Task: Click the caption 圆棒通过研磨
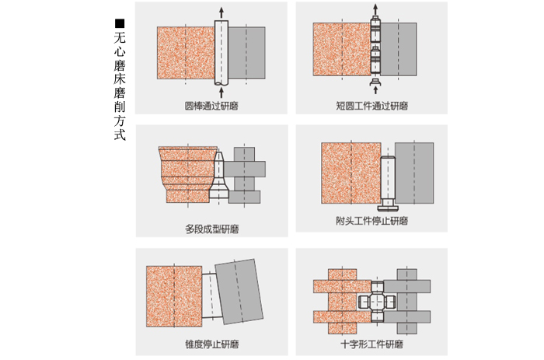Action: [211, 105]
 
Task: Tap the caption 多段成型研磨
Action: [211, 229]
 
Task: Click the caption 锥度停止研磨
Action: [211, 344]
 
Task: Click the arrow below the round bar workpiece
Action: [221, 93]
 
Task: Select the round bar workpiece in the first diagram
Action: [221, 53]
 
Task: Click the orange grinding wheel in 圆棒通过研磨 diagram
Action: [185, 53]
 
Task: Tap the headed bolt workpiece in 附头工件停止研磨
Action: [388, 183]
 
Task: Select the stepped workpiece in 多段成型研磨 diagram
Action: [219, 175]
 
